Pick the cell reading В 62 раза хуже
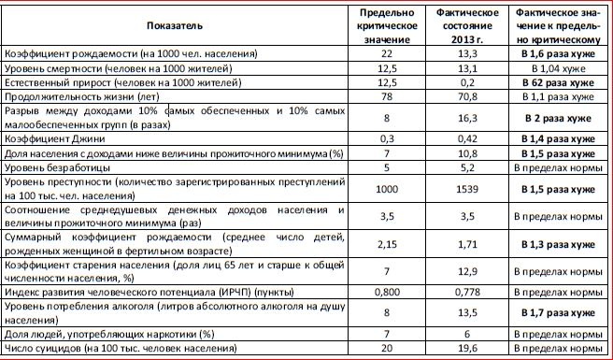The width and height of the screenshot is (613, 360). pyautogui.click(x=557, y=82)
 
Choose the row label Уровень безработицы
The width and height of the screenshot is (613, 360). pyautogui.click(x=53, y=166)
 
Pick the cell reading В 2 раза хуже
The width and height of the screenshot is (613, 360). pyautogui.click(x=557, y=117)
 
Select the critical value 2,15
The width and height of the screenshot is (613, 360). pyautogui.click(x=387, y=243)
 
